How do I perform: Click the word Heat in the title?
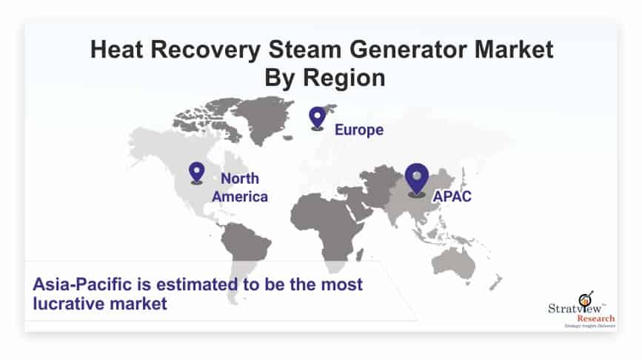coord(117,50)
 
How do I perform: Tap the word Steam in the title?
coord(304,50)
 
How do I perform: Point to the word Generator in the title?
coord(408,50)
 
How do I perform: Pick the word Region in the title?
coord(344,79)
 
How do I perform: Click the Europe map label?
coord(359,130)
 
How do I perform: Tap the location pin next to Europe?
coord(318,118)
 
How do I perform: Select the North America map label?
coord(240,187)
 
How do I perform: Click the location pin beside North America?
coord(196,173)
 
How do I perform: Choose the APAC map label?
coord(452,196)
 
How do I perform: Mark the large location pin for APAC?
coord(417,179)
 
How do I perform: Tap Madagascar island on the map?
coord(359,255)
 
